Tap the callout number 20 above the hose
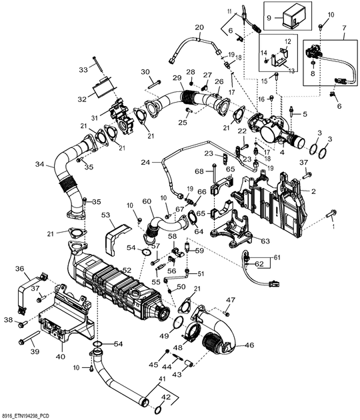click(199, 27)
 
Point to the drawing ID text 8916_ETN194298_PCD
click(35, 415)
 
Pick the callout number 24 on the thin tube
click(145, 161)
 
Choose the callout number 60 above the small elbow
click(147, 201)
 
